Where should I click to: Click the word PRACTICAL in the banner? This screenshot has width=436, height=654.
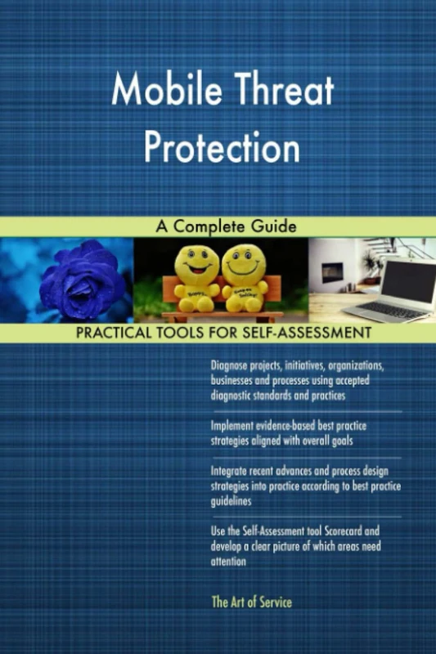(115, 334)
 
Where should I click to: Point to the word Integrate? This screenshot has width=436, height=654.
(232, 472)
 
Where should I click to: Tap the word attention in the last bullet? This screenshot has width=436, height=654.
(228, 562)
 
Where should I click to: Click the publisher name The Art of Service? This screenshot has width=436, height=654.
(251, 602)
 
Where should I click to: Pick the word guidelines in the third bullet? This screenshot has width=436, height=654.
(231, 501)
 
